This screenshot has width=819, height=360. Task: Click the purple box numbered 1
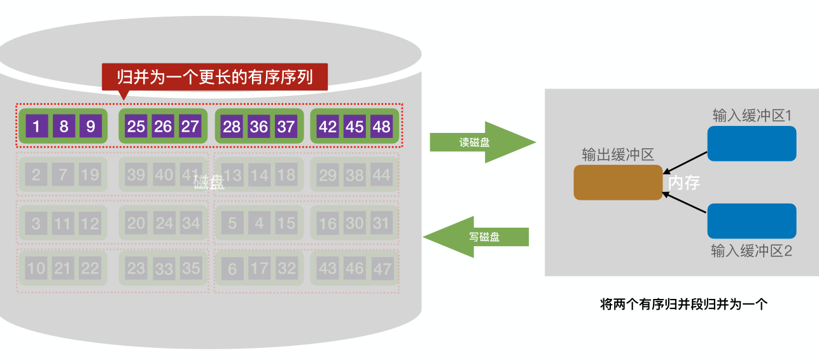(37, 126)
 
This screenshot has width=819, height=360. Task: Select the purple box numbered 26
(163, 126)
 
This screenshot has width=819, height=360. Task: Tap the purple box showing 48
(381, 126)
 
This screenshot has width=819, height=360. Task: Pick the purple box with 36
(259, 126)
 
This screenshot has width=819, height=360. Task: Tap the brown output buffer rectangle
(618, 183)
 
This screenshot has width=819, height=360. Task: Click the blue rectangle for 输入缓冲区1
(752, 143)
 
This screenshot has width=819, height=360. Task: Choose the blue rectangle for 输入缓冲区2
(752, 221)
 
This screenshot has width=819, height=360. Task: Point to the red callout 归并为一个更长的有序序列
(215, 77)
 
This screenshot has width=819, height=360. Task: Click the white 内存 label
(684, 183)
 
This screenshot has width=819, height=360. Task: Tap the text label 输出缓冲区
(618, 155)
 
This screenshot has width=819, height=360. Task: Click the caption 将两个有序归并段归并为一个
(684, 304)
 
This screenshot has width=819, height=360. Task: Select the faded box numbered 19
(90, 174)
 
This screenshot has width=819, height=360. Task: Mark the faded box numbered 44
(382, 174)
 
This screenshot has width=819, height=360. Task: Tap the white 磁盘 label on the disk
(209, 183)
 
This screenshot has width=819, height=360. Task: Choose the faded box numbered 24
(164, 223)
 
